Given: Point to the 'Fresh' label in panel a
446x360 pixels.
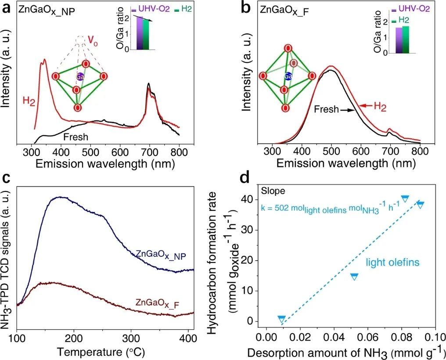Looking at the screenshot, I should [76, 137].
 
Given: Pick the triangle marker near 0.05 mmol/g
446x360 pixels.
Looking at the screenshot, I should [354, 276].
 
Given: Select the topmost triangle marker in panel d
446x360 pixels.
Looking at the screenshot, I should [405, 198].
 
